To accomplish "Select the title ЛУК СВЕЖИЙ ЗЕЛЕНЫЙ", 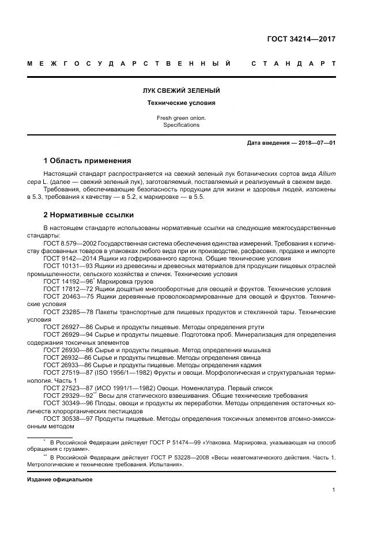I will click(x=181, y=91).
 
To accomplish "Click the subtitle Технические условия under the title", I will click(x=181, y=103).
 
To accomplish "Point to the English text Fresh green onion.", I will click(x=181, y=118).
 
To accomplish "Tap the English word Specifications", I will click(x=181, y=125).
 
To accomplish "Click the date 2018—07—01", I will click(x=316, y=142).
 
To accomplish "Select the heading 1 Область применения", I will click(x=88, y=160).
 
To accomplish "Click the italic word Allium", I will click(x=325, y=174).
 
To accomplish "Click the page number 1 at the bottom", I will click(x=334, y=490).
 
